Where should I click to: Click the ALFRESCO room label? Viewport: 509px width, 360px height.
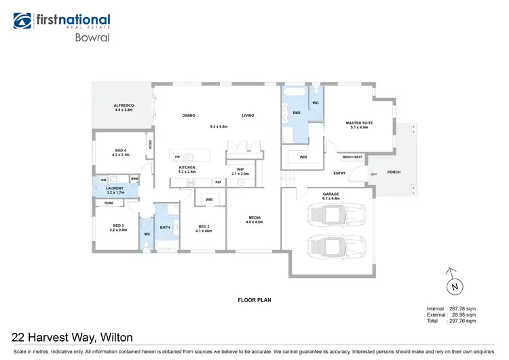(x=123, y=107)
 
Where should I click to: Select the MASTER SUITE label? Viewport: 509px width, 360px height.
(x=359, y=124)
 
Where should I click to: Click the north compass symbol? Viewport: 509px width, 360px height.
(x=455, y=286)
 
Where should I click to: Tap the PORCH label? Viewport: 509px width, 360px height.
(x=394, y=172)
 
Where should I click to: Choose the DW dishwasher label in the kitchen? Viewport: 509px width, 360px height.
(x=176, y=156)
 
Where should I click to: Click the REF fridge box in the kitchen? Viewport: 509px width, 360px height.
(x=219, y=182)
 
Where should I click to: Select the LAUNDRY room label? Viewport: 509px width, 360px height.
(x=115, y=190)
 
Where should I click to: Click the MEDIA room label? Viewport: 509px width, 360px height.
(x=254, y=219)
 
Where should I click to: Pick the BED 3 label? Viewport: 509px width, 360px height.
(x=119, y=227)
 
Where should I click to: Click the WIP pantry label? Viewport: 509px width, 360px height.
(x=240, y=171)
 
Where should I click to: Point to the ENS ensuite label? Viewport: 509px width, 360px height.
(x=297, y=113)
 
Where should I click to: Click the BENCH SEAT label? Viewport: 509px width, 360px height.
(x=352, y=157)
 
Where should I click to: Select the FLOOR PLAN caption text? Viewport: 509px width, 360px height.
(x=254, y=300)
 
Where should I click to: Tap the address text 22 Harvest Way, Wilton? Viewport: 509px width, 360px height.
(x=73, y=337)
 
